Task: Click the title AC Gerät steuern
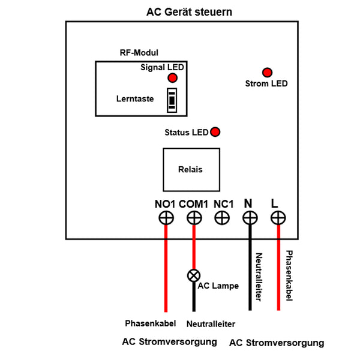point(189,12)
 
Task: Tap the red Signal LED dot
point(172,79)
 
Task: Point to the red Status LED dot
point(214,132)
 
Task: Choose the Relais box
point(190,169)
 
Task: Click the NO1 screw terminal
point(166,218)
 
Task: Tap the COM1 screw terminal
point(193,218)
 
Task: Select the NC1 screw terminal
point(223,218)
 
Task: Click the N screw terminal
point(250,218)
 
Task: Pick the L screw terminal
point(278,218)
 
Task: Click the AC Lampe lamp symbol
point(194,275)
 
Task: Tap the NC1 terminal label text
point(223,203)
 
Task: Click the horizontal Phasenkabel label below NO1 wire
point(150,323)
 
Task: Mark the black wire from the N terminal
point(250,270)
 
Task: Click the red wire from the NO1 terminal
point(166,270)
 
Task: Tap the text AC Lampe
point(218,286)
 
